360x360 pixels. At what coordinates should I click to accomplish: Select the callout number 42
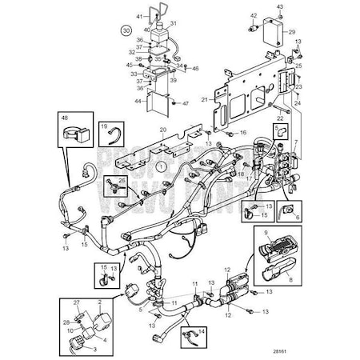[254, 16]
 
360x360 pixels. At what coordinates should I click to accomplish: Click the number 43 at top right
[281, 6]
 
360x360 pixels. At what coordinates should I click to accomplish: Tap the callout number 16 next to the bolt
[243, 131]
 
